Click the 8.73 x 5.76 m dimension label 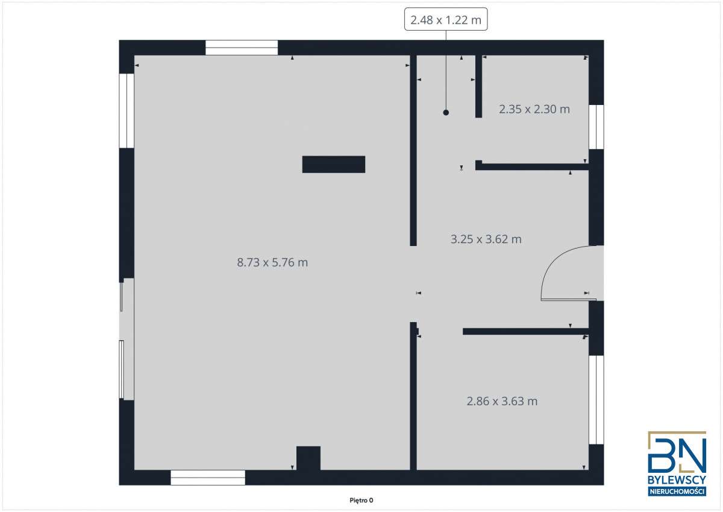click(272, 262)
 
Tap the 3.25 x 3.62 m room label click(486, 239)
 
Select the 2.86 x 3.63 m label click(502, 400)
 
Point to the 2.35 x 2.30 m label click(534, 109)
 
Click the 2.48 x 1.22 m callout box click(446, 21)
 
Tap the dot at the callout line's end click(446, 112)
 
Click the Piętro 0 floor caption click(361, 500)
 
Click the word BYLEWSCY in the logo click(677, 481)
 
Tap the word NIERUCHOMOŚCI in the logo click(677, 492)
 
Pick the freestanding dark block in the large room click(333, 164)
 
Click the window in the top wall click(241, 48)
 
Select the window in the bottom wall click(208, 478)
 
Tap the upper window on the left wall click(127, 110)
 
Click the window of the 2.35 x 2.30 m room click(596, 127)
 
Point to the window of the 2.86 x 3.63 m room click(596, 399)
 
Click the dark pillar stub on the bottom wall click(308, 458)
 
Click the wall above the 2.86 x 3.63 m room click(524, 331)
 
